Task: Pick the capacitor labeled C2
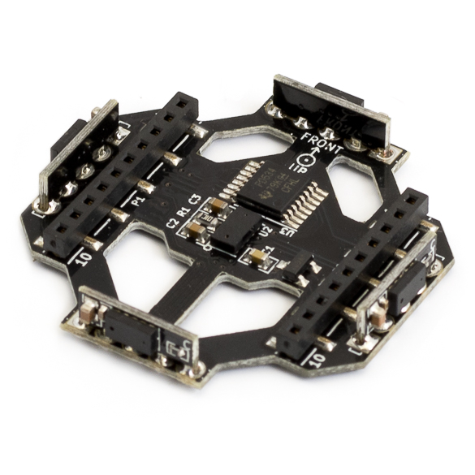[196, 230]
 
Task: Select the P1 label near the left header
[139, 196]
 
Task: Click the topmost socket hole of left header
[184, 104]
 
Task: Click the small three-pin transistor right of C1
[301, 268]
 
